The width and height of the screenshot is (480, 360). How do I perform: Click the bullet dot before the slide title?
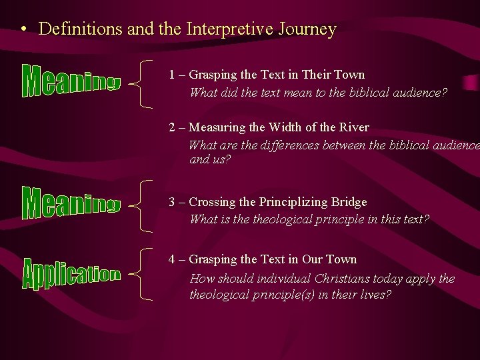(x=23, y=31)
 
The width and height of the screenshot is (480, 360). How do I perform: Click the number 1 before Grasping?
(x=172, y=75)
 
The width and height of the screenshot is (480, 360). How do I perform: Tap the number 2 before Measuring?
(x=173, y=127)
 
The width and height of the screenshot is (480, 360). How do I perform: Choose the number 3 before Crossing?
(x=173, y=202)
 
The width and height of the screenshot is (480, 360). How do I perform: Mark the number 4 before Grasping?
(x=173, y=259)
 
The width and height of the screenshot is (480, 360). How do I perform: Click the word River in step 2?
(x=353, y=127)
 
